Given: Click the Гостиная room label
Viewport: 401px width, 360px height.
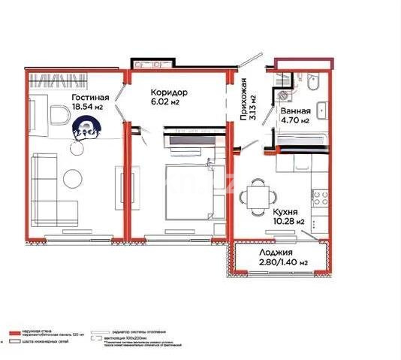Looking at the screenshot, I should pos(91,98).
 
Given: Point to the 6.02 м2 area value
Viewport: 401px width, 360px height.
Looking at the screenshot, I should pos(164,102).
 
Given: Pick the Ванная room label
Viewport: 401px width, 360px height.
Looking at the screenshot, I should pos(296,110).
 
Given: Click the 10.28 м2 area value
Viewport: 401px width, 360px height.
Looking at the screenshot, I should pos(289,222).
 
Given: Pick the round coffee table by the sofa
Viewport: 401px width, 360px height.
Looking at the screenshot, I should pos(73,179).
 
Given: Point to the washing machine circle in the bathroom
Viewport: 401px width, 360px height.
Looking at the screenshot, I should pos(283,95).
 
